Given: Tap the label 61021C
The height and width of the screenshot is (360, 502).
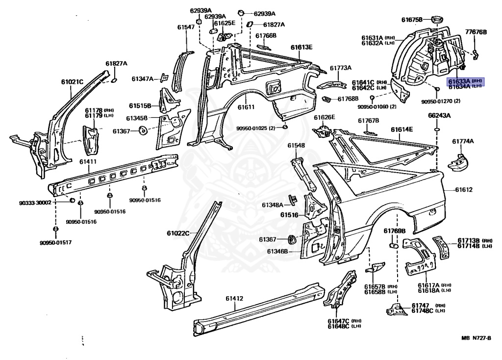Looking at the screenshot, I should tap(72, 82).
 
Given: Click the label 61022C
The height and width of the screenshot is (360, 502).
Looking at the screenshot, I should tap(177, 233).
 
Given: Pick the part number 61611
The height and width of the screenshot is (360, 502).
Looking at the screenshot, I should tap(246, 107).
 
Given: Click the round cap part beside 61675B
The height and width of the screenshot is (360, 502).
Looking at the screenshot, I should tap(436, 20).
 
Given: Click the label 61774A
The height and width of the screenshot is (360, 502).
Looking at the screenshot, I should tap(463, 141).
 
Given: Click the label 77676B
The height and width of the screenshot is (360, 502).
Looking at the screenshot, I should tap(476, 32).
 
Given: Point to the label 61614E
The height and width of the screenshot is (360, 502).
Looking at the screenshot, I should tap(402, 129).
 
